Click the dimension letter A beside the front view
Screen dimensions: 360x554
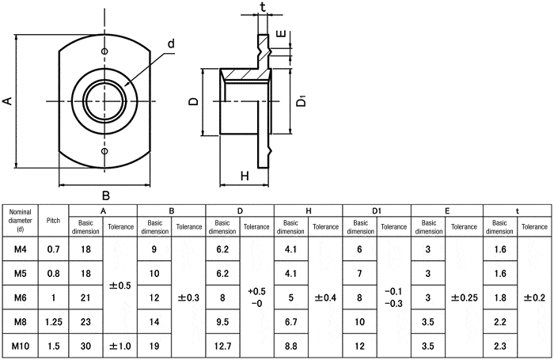pyautogui.click(x=8, y=100)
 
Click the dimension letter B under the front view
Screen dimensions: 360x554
pyautogui.click(x=104, y=195)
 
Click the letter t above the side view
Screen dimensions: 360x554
pyautogui.click(x=263, y=7)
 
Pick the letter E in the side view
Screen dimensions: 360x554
pyautogui.click(x=282, y=36)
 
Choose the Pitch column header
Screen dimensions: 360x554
pyautogui.click(x=53, y=220)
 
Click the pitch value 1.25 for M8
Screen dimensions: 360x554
pyautogui.click(x=53, y=322)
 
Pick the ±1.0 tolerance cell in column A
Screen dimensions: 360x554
pyautogui.click(x=120, y=347)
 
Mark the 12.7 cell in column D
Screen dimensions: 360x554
pyautogui.click(x=222, y=347)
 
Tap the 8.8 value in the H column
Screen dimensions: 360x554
pyautogui.click(x=291, y=347)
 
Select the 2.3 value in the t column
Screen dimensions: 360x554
pyautogui.click(x=499, y=347)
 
